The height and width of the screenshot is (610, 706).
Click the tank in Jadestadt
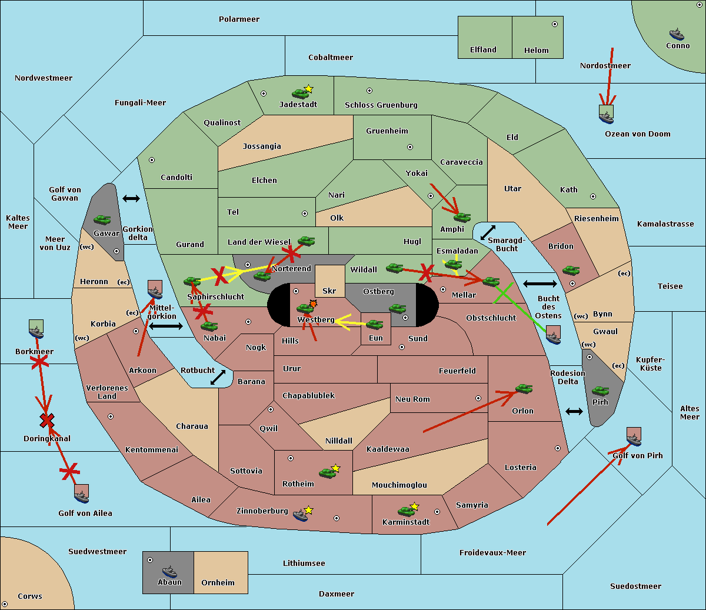point(300,94)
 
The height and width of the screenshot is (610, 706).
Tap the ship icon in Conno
point(677,34)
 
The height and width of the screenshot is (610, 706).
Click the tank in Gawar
point(102,219)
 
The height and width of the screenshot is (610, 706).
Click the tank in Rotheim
point(327,473)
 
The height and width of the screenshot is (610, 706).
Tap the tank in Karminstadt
point(406,511)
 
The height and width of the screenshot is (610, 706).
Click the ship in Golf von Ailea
point(82,496)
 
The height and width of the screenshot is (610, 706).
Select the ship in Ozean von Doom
point(606,117)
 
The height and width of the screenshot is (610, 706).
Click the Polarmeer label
point(239,19)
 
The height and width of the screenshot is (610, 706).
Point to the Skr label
point(329,291)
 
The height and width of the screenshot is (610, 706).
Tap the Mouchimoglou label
point(399,485)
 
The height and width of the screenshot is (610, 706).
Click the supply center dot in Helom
point(555,24)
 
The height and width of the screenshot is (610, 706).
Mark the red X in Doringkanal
point(47,421)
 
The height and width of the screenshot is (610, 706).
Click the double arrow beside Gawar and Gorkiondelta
point(131,198)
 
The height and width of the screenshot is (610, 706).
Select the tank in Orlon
point(524,389)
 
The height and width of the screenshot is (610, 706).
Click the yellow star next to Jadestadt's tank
point(308,89)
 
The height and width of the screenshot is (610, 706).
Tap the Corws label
point(30,596)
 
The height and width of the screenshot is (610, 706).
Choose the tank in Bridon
point(571,271)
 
